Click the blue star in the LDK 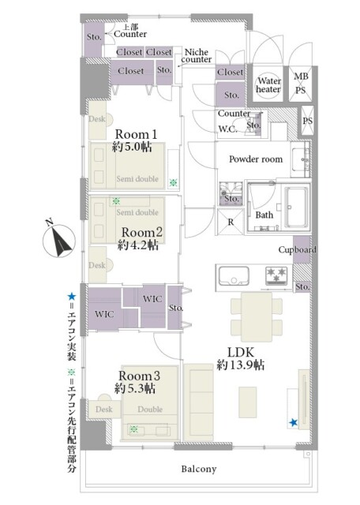click(293, 422)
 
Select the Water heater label click(268, 84)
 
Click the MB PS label click(301, 83)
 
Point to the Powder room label click(256, 159)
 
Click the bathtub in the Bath click(295, 207)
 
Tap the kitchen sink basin click(234, 275)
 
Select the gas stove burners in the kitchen click(276, 275)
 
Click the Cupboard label click(297, 249)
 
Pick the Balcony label click(198, 469)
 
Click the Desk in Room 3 click(104, 409)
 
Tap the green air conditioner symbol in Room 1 click(173, 183)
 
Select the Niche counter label click(197, 56)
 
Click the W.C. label click(228, 129)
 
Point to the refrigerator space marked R click(231, 223)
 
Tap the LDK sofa click(198, 402)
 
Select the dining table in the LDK click(257, 317)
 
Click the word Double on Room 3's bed click(150, 409)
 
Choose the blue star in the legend click(71, 297)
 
